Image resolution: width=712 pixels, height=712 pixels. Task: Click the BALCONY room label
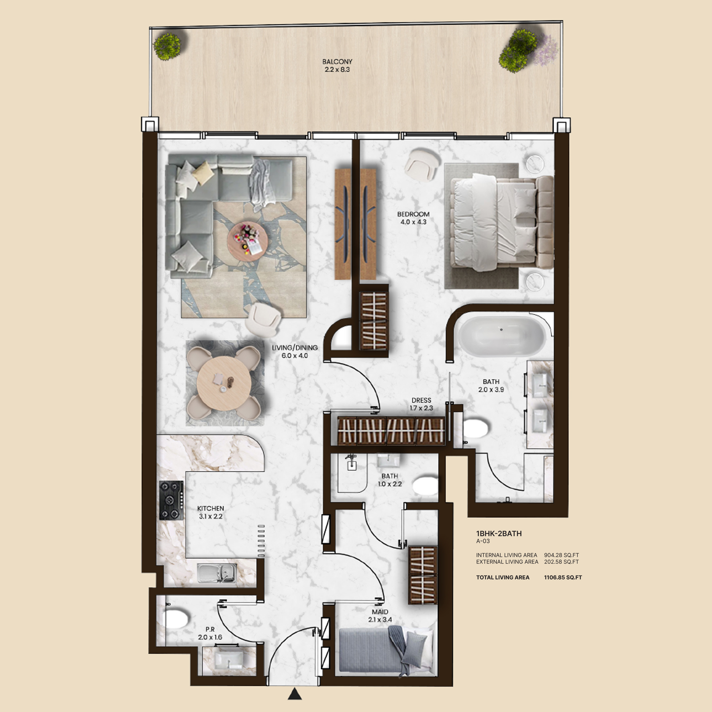pos(337,61)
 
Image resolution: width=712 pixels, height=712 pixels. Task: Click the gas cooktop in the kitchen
pos(171,500)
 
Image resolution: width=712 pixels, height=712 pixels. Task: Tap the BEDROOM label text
pos(413,214)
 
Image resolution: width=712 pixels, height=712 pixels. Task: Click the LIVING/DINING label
pos(295,347)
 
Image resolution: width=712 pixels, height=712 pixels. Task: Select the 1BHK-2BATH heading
pos(499,533)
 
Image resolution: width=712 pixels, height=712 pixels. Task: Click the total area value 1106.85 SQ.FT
pos(563,577)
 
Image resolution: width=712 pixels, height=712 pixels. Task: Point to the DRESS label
pos(421,400)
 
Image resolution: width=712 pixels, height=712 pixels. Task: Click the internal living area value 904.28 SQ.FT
pos(561,555)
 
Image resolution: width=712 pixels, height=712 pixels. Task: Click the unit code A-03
pos(483,541)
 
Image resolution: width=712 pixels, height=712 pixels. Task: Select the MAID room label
pos(380,612)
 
